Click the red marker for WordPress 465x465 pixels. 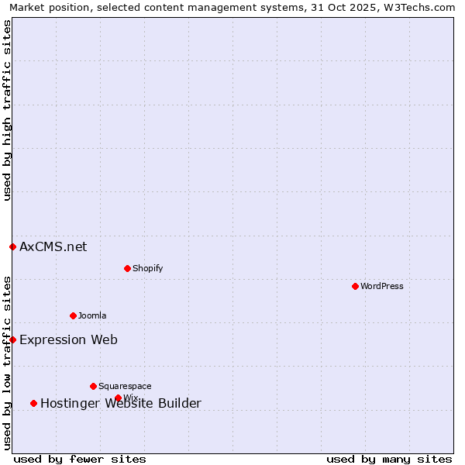coord(355,286)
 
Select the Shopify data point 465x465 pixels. coord(127,268)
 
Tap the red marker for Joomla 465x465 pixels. coord(73,315)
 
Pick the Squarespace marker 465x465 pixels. coord(93,386)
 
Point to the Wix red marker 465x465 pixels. coord(118,398)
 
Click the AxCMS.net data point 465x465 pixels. coord(12,246)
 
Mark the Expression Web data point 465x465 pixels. coord(12,339)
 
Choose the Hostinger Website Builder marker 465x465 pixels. coord(33,403)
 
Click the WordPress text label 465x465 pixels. coord(381,286)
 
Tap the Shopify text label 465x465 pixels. coord(147,268)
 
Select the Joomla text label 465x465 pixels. coord(92,315)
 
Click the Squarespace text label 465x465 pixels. coord(125,386)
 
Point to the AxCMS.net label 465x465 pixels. coord(53,246)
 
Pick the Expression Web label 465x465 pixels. coord(68,339)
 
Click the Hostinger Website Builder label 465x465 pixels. coord(120,403)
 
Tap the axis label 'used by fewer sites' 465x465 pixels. coord(80,459)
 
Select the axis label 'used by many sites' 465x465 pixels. coord(389,459)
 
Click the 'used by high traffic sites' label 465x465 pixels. coord(7,111)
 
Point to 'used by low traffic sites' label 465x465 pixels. coord(7,363)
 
